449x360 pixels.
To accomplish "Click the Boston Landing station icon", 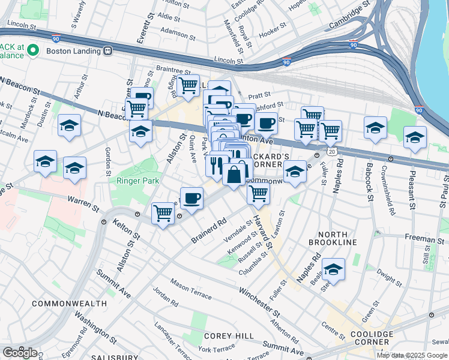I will [108, 51].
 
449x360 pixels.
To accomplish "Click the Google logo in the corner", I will [19, 352].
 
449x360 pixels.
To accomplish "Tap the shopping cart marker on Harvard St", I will [258, 194].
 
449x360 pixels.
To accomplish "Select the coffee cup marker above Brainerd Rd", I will [191, 197].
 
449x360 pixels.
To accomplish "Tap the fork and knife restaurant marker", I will [217, 165].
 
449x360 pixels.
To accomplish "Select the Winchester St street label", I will [259, 302].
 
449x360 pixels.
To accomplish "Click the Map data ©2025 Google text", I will [412, 355].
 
